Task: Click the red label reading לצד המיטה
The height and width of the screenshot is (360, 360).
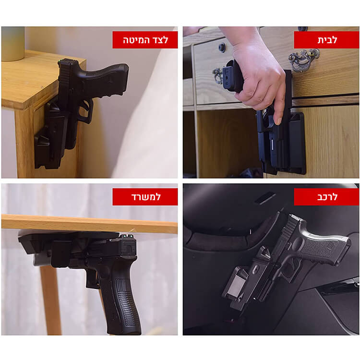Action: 145,40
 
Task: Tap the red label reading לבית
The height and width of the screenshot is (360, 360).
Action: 326,40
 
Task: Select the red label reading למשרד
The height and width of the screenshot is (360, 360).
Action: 145,197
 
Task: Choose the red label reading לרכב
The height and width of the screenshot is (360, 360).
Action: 326,197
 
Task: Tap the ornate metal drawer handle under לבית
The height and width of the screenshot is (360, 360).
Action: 303,60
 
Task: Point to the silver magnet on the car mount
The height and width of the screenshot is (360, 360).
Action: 237,285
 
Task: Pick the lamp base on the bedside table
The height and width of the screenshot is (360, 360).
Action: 13,44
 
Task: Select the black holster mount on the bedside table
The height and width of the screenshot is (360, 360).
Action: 51,135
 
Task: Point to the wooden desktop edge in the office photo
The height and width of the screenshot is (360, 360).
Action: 90,224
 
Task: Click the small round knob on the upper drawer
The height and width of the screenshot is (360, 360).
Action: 222,48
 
